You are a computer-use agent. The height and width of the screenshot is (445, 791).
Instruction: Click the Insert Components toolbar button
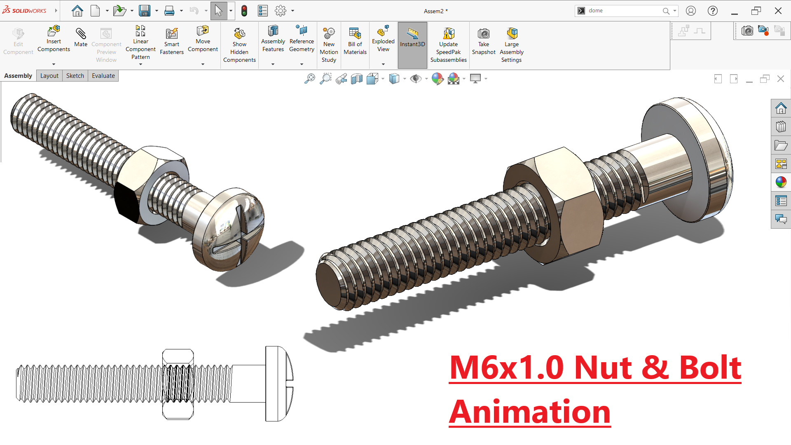(54, 39)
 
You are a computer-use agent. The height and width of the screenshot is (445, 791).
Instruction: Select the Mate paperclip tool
(81, 37)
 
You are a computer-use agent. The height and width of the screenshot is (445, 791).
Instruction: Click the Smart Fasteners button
(172, 41)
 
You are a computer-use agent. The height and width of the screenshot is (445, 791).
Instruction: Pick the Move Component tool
(203, 39)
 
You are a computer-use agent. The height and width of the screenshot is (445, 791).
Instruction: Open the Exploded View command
(383, 39)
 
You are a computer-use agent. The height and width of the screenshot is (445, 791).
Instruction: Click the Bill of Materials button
(355, 41)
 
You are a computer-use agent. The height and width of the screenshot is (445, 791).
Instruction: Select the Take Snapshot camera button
(484, 41)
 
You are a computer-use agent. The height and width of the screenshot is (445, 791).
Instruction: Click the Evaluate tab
(103, 76)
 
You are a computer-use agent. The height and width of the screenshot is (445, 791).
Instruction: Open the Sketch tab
(75, 76)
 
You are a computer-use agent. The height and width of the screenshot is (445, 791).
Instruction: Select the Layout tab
(49, 76)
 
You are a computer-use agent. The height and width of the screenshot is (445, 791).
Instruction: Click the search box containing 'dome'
(622, 11)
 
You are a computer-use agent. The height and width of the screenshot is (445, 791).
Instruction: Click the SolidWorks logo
(25, 10)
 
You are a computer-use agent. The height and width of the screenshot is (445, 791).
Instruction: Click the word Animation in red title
(530, 412)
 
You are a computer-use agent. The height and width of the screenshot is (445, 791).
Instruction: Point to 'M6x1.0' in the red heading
(507, 368)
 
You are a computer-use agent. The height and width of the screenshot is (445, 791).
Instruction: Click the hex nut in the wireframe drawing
(178, 384)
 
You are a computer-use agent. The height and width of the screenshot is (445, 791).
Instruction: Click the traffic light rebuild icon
(244, 11)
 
